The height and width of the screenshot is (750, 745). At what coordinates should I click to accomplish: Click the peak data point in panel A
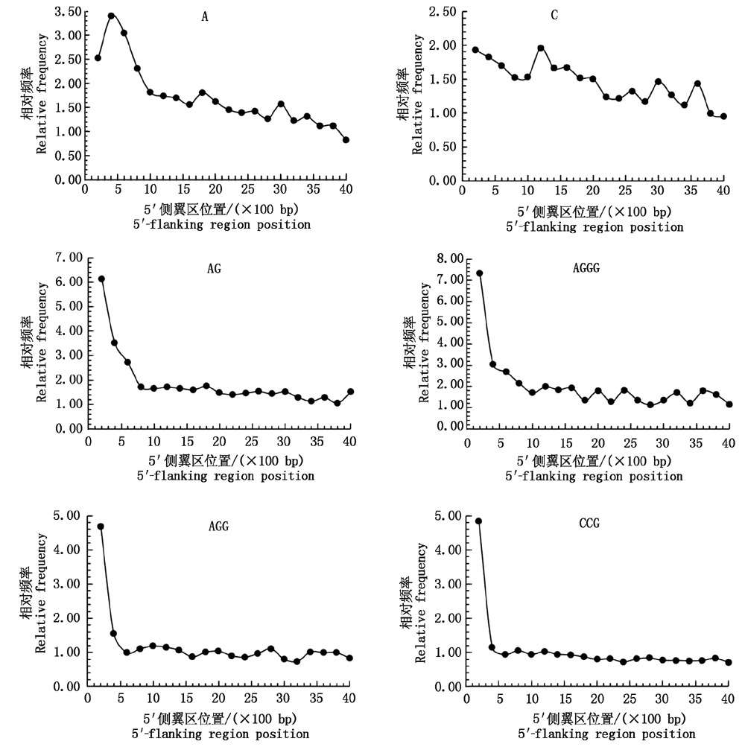111,16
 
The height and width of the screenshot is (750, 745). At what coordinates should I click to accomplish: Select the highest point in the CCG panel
478,521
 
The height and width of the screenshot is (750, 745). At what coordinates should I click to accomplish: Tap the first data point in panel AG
101,279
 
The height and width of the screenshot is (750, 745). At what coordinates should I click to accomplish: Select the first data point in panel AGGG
479,273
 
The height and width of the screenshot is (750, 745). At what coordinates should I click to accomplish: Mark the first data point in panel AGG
101,527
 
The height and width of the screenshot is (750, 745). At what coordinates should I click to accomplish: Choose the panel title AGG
218,526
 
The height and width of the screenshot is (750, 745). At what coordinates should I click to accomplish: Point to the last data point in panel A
346,139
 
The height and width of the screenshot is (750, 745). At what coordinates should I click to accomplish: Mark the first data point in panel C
475,50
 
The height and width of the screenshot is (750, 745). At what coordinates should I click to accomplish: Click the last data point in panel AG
350,391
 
